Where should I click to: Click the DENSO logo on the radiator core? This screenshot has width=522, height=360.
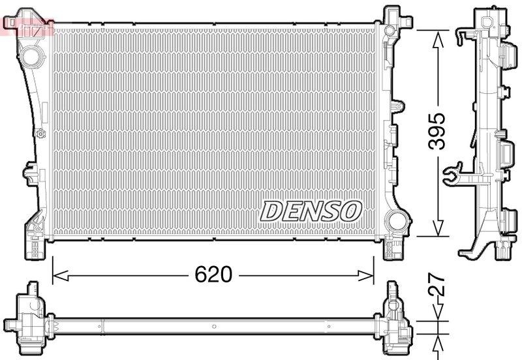tap(312, 210)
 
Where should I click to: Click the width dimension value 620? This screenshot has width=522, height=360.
tap(213, 275)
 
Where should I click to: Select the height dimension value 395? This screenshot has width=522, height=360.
tap(438, 131)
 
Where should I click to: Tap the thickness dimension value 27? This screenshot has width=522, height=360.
tap(438, 286)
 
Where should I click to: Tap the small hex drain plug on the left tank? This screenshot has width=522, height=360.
tap(42, 134)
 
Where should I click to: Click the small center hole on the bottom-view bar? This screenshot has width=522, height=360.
tap(213, 326)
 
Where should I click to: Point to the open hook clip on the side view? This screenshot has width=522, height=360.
tap(452, 174)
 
